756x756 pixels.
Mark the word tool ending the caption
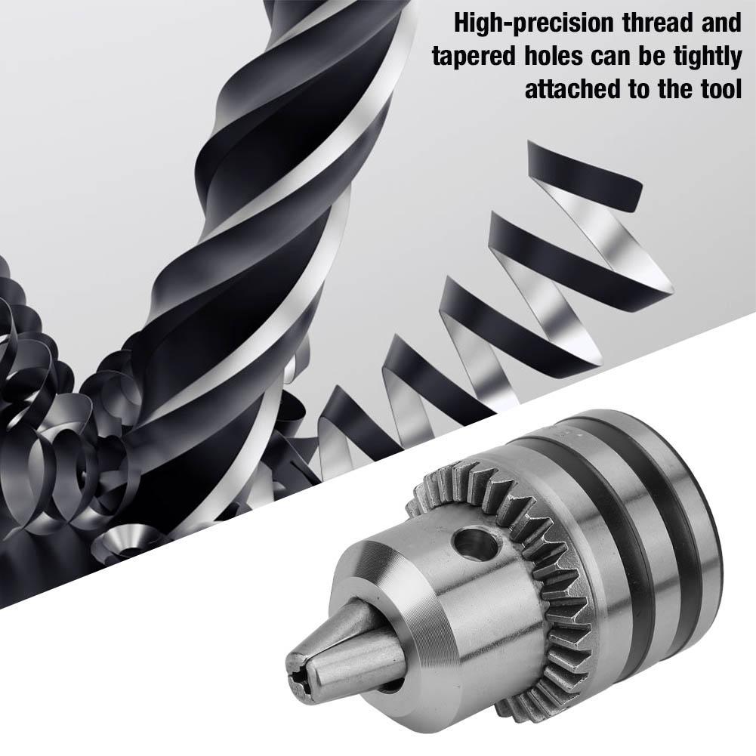pyautogui.click(x=717, y=90)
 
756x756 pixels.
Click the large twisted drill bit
pyautogui.click(x=249, y=227)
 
